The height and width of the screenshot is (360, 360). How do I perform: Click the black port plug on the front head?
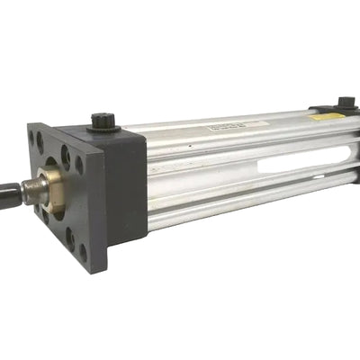click(101, 121)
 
